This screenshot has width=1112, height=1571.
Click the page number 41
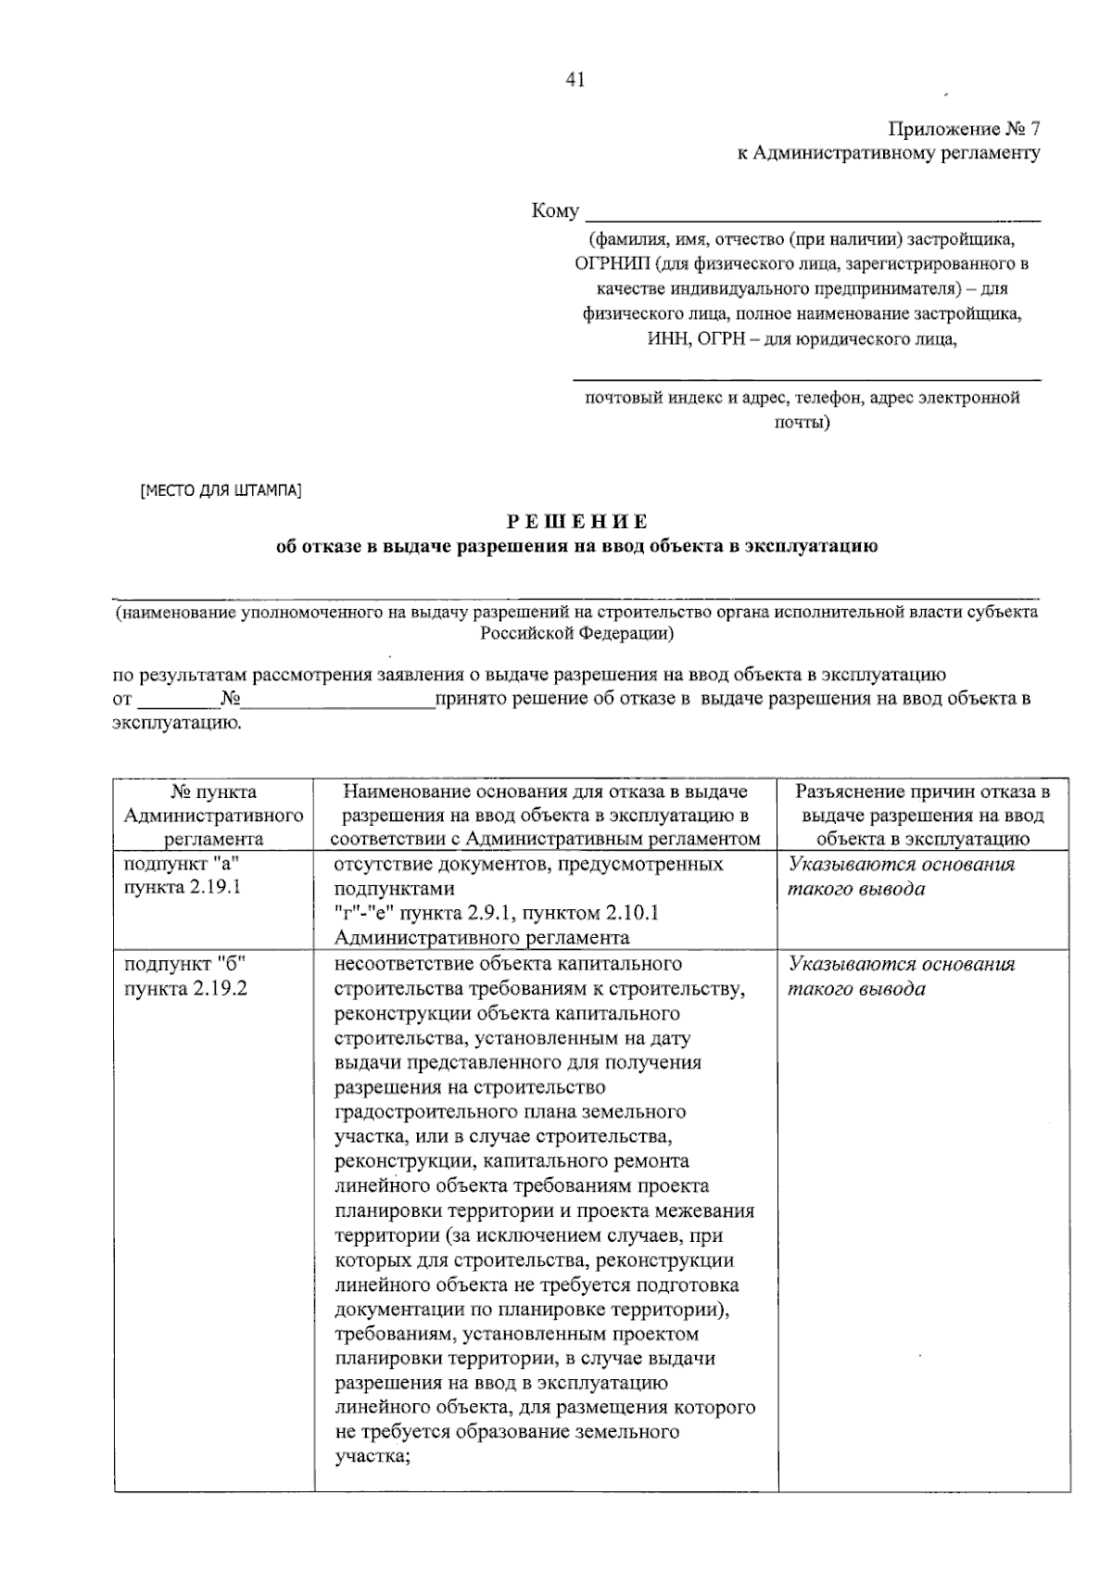575,81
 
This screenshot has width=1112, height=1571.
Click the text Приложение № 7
964,128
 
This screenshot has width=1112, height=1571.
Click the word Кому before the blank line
555,211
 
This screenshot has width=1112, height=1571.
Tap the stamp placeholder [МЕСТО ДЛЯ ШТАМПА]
221,490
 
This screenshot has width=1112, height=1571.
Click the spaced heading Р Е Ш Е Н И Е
577,522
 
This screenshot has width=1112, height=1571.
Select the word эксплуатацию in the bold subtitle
819,546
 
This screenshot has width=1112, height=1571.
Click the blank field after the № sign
338,700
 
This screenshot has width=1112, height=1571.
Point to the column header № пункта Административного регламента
214,815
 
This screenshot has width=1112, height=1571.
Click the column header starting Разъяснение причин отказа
923,815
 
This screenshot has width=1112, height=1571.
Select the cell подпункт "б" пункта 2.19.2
185,975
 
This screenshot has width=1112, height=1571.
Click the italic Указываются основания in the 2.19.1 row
901,865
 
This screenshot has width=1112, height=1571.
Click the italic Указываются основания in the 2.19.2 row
901,964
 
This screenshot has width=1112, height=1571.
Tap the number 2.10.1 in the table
626,913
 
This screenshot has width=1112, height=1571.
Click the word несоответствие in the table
398,964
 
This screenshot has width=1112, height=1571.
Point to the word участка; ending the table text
372,1456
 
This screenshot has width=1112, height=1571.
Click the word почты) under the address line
802,423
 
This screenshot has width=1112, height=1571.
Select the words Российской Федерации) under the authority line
576,634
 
